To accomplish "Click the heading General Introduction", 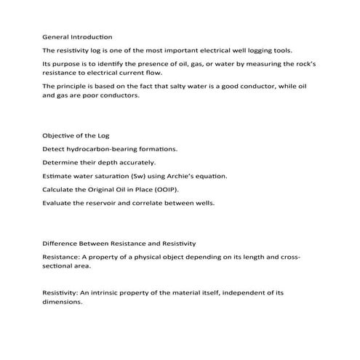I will click(x=77, y=36).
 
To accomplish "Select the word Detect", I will click(x=54, y=149).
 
